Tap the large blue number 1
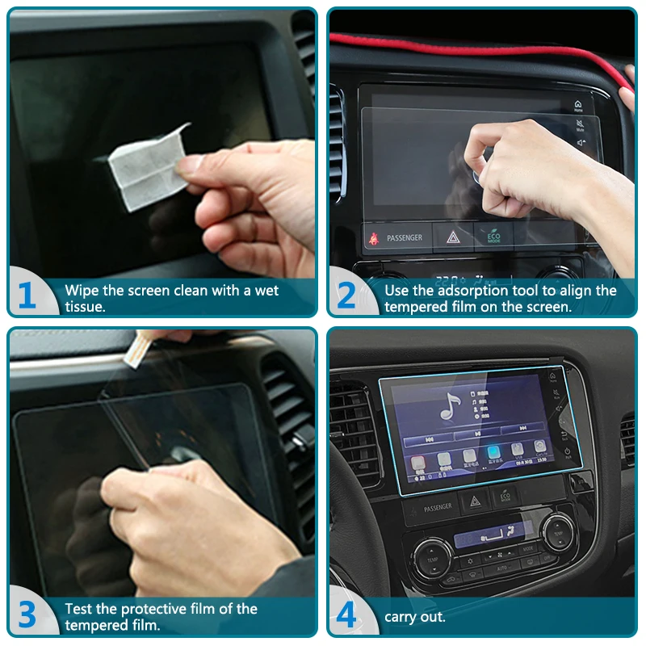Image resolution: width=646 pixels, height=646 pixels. tap(27, 296)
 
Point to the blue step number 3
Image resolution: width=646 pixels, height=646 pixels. tap(27, 615)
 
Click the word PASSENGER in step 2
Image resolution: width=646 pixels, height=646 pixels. tap(404, 238)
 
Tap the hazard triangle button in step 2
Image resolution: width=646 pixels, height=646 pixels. tap(452, 237)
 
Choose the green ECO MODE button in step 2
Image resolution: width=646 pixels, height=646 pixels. tap(492, 237)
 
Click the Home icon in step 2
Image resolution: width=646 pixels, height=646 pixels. tap(578, 106)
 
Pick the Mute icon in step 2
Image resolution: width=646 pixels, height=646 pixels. tap(580, 125)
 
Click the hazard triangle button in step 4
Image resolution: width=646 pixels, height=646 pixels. tap(475, 501)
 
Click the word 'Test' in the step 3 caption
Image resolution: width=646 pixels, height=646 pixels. tap(78, 609)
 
